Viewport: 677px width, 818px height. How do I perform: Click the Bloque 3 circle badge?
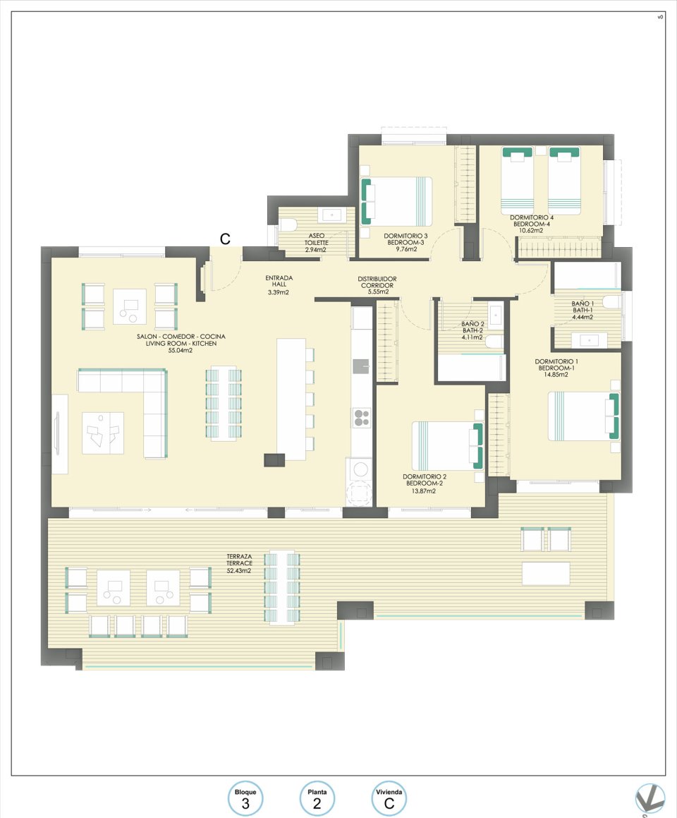(245, 799)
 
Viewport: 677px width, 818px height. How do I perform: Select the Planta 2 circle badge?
(317, 799)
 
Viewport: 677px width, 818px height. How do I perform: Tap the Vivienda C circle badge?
(389, 799)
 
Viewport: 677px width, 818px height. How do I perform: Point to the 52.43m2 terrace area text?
(239, 571)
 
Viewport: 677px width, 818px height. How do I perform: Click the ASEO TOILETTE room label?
(316, 243)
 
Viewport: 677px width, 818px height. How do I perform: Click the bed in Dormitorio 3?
(396, 202)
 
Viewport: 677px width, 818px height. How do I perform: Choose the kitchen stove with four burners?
(362, 418)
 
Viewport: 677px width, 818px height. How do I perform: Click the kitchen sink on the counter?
(362, 365)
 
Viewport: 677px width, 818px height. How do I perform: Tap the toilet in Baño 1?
(613, 303)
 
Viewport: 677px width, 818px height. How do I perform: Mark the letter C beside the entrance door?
(225, 239)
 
